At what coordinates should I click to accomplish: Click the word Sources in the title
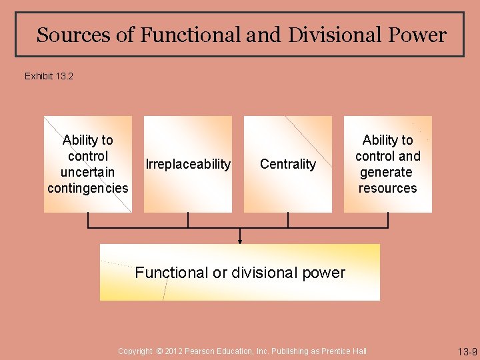pos(74,35)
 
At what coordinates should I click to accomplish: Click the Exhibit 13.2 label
pos(49,76)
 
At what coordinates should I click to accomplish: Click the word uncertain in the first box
pos(87,172)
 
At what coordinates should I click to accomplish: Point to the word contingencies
pos(87,188)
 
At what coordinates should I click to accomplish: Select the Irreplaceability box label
pos(188,164)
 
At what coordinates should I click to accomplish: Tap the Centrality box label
pos(288,164)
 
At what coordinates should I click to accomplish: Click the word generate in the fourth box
pos(387,172)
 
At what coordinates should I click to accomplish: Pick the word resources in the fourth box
pos(387,188)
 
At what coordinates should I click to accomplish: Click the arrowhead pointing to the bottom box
pos(240,240)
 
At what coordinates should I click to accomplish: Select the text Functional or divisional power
pos(240,273)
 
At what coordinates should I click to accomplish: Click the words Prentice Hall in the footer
pos(345,351)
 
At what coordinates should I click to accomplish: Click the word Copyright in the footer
pos(135,351)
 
